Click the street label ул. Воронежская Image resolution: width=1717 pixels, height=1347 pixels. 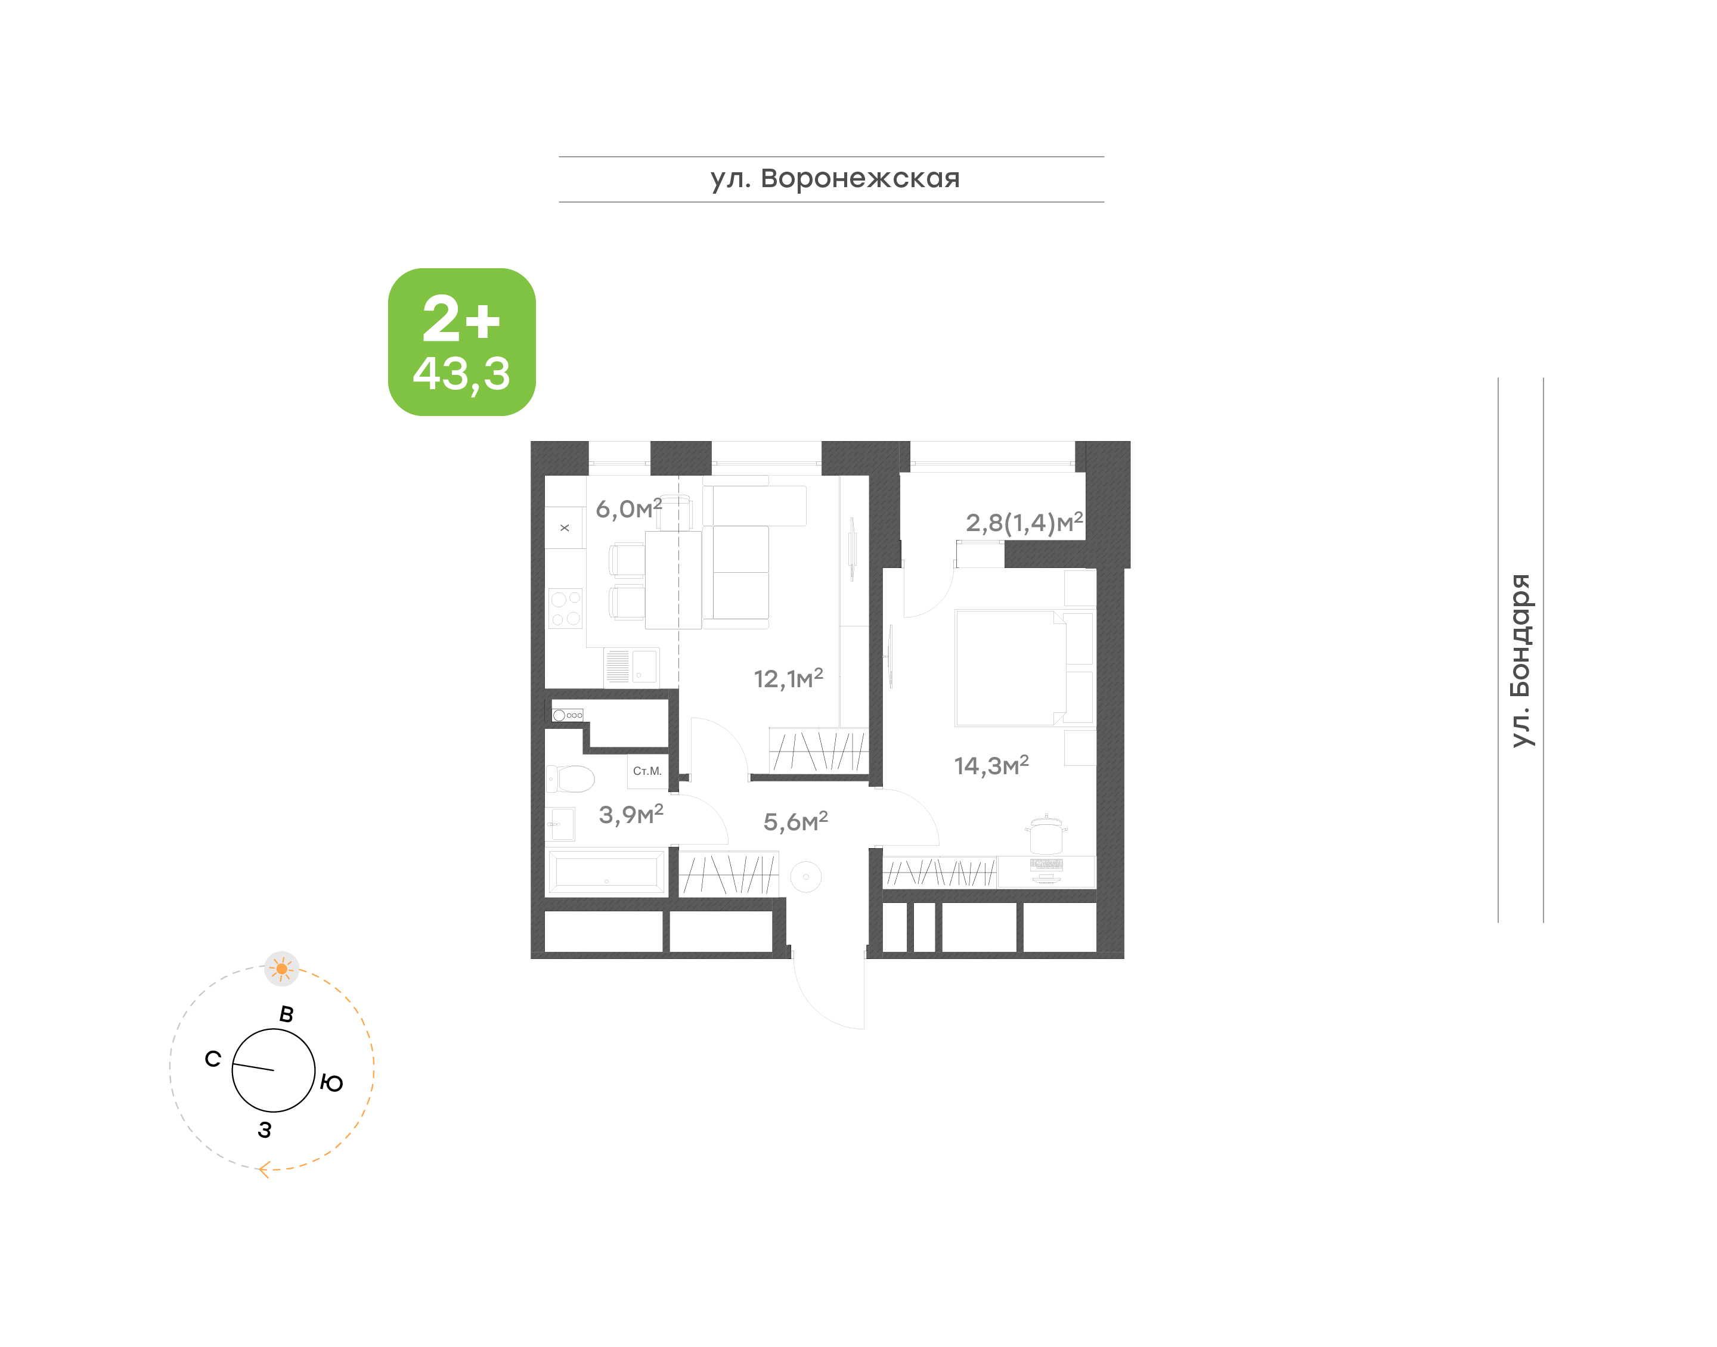[835, 179]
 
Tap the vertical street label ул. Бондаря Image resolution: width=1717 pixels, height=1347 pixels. [1520, 660]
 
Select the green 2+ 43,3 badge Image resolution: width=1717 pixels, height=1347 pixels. [461, 342]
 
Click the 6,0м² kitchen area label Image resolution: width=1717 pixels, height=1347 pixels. [628, 508]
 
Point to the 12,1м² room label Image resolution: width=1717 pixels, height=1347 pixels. [788, 678]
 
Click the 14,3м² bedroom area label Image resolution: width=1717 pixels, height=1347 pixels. [991, 765]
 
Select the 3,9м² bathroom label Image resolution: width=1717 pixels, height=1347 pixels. [631, 814]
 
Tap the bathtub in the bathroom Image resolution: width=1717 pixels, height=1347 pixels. [606, 872]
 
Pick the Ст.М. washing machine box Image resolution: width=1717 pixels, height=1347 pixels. [647, 771]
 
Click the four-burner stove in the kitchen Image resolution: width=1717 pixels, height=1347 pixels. [566, 609]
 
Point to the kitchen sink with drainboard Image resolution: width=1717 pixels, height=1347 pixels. [631, 666]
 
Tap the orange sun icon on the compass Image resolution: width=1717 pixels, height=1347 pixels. [281, 969]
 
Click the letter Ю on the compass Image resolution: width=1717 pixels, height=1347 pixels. [332, 1084]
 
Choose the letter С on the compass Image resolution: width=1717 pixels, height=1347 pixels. [213, 1059]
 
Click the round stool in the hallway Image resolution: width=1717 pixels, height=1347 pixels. [805, 876]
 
